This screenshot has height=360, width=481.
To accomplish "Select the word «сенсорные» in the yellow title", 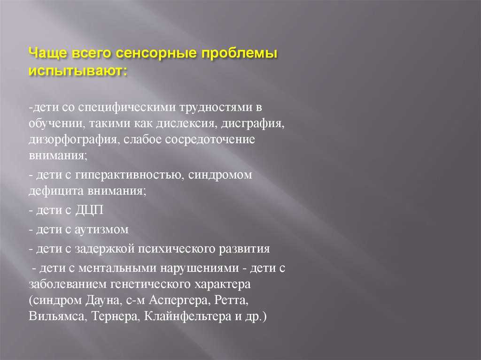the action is click(156, 54).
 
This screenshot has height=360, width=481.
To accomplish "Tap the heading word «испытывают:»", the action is click(78, 71).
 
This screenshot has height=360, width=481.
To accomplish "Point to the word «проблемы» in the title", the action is click(239, 54).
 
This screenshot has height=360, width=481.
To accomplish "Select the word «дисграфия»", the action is click(253, 123).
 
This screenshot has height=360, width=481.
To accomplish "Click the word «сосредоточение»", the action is click(210, 139).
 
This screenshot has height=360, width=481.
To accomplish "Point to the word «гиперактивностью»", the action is click(130, 175).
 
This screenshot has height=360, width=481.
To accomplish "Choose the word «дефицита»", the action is click(56, 191).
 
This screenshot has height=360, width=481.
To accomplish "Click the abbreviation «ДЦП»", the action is click(89, 210).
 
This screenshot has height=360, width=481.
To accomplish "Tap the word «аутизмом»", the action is click(101, 230).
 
